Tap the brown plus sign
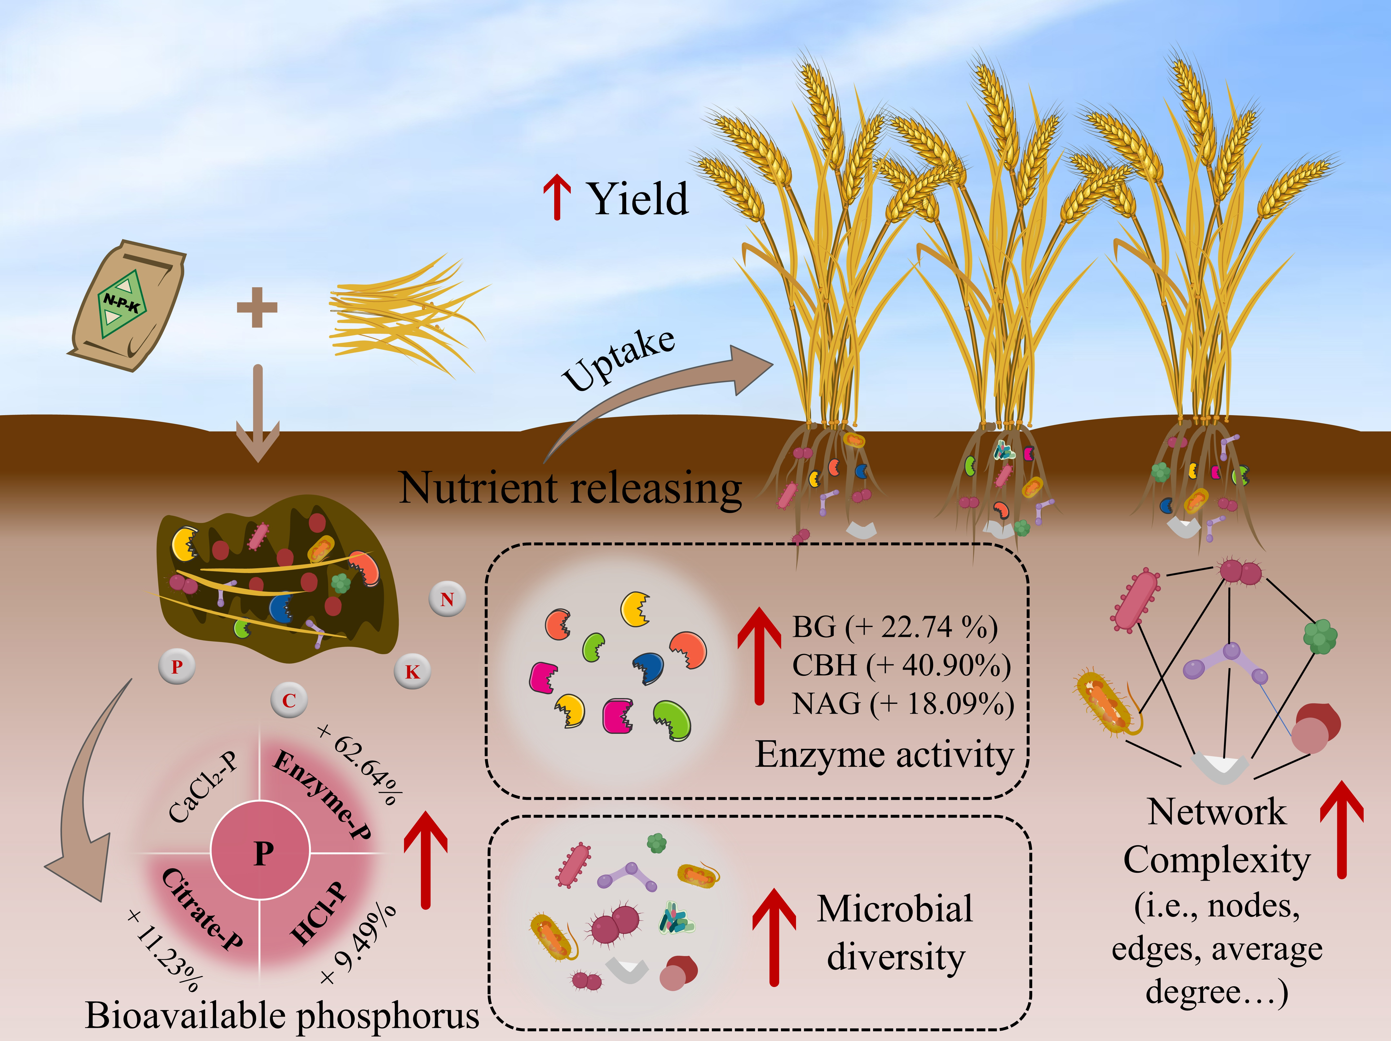256,307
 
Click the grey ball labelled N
447,599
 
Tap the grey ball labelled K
412,672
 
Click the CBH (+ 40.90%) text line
900,665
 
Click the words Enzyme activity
884,754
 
